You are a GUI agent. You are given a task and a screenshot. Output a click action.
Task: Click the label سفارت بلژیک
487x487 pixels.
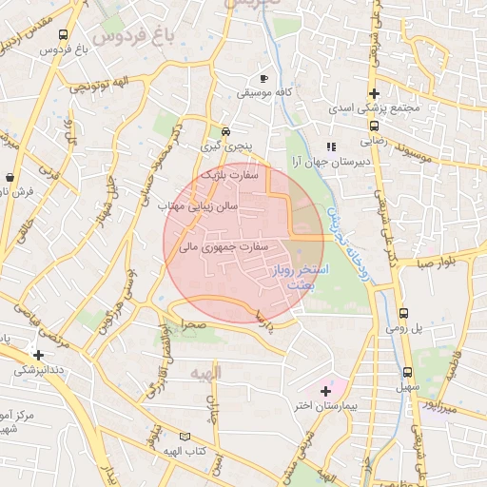[237, 176]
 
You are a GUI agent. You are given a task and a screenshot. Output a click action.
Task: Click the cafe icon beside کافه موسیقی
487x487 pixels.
[263, 78]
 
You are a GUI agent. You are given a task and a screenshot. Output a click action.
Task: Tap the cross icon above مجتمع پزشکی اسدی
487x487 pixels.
[376, 93]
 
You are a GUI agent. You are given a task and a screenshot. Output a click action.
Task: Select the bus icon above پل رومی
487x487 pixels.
[403, 312]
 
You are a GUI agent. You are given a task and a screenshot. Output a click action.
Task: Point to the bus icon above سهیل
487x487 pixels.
[408, 372]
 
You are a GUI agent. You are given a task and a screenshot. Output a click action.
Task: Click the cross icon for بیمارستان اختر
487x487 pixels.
[326, 391]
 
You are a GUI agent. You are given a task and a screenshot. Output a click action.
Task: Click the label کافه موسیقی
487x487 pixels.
[263, 95]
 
